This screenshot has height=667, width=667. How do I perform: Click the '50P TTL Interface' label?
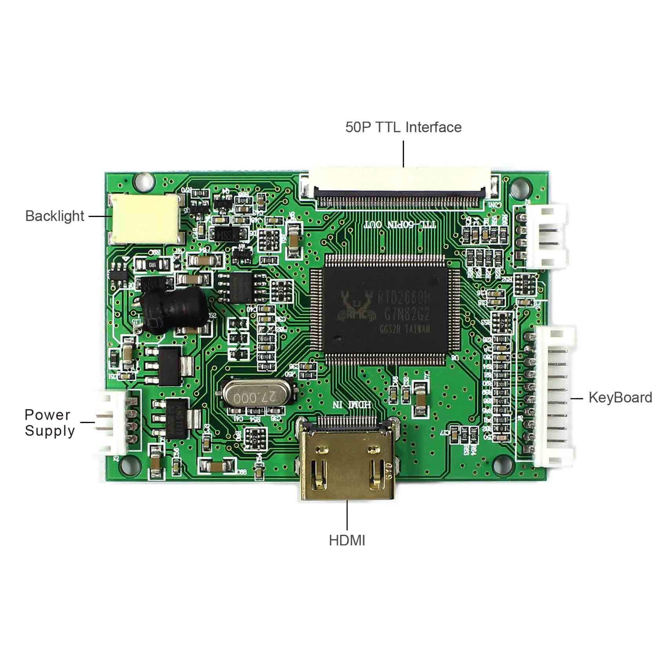[403, 127]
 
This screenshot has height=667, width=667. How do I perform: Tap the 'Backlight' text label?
[55, 216]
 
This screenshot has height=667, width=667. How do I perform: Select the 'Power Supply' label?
[49, 423]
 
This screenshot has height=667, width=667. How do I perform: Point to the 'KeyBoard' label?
[620, 397]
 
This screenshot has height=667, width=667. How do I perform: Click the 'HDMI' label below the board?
[347, 540]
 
